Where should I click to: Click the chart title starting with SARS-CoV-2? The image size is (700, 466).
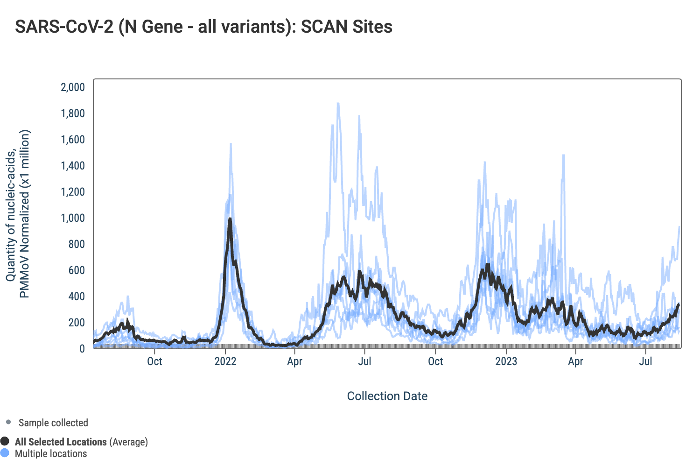tap(203, 27)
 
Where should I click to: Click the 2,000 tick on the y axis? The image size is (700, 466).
tap(73, 87)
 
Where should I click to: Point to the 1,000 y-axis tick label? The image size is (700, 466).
tap(73, 218)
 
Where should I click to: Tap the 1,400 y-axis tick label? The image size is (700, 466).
tap(73, 166)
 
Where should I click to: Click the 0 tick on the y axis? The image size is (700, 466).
tap(82, 349)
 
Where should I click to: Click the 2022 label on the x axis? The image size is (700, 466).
tap(225, 361)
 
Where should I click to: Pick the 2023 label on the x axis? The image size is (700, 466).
tap(506, 361)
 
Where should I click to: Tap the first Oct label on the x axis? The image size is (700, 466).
tap(154, 361)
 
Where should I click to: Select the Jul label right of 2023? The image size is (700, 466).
tap(645, 361)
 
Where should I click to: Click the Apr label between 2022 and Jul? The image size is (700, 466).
tap(294, 361)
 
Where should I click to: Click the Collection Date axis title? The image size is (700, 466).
tap(387, 396)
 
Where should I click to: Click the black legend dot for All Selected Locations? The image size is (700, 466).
tap(5, 441)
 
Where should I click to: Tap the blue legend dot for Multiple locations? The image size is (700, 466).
tap(5, 453)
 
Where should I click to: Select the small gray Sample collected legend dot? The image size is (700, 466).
tap(8, 423)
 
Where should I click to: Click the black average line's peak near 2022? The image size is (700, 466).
tap(230, 219)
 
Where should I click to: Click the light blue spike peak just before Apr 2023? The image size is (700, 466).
tap(564, 155)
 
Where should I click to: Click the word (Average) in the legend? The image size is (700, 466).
tap(128, 442)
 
